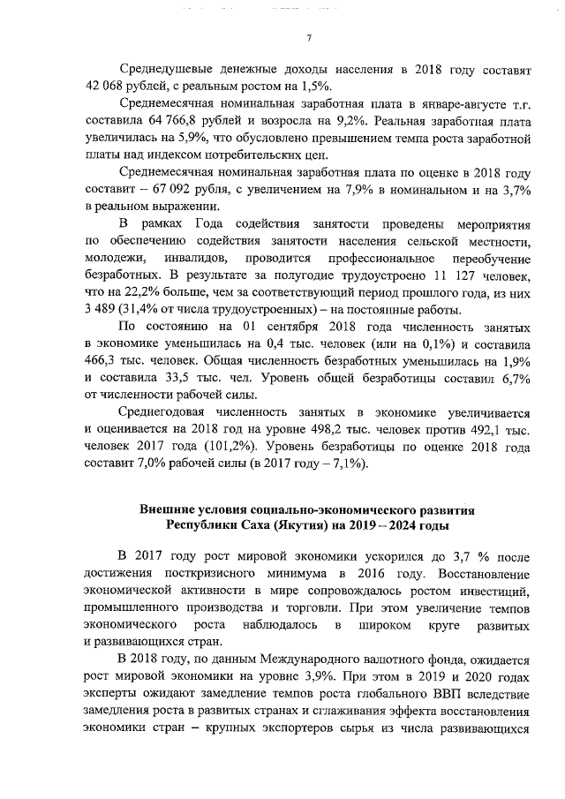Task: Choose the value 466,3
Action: [102, 363]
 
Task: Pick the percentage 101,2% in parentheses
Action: [237, 448]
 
